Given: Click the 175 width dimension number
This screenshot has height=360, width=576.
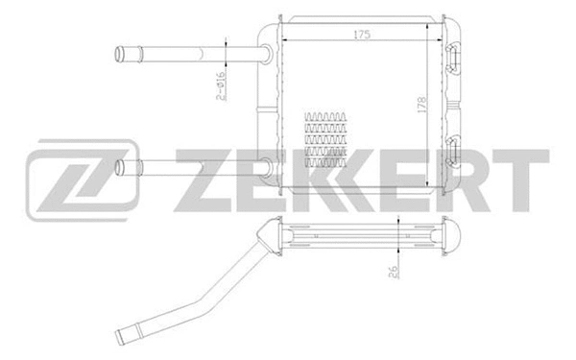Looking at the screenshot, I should click(x=361, y=35).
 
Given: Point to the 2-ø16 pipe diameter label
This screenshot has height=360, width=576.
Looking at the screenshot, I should click(x=220, y=85).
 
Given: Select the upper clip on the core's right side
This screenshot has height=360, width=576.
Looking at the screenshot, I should click(x=454, y=57).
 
